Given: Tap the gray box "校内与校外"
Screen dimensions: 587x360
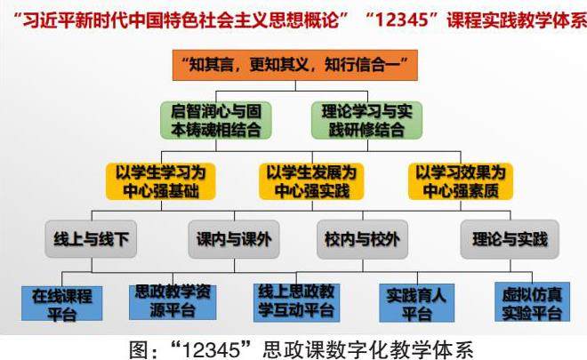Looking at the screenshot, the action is [358, 239].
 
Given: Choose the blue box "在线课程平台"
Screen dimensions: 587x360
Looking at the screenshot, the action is [61, 303].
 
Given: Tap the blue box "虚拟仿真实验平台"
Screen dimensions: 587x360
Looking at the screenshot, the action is [531, 302].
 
